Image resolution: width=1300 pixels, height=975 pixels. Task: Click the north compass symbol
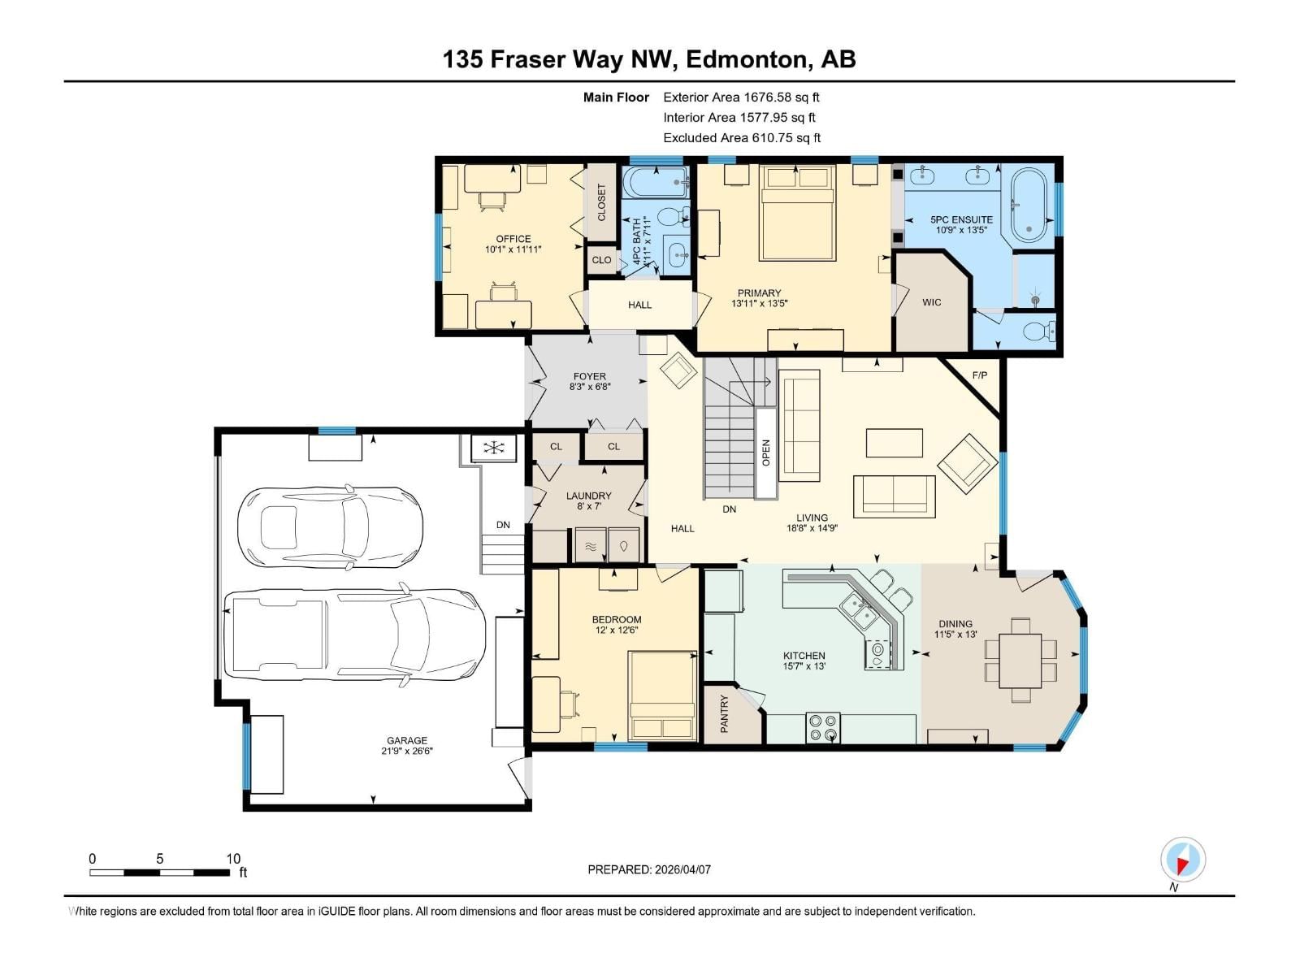coord(1183,860)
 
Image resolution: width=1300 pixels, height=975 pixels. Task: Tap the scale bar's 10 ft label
coord(233,859)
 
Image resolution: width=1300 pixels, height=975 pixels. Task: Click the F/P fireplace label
coord(980,375)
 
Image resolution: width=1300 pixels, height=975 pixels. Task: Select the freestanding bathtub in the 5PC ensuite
coord(1029,206)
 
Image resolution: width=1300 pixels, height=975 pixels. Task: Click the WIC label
coord(931,302)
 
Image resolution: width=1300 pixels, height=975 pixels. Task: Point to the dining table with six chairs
coord(1020,661)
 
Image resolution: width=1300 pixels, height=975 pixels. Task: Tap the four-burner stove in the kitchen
coord(823,727)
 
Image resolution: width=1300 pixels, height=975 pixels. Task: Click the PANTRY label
coord(724,713)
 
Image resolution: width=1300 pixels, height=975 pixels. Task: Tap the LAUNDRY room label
coord(588,496)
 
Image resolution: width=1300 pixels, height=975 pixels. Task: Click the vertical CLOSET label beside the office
coord(601,202)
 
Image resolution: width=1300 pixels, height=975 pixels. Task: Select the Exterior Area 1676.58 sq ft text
coord(741,97)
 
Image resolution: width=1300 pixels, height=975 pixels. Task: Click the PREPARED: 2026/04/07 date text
coord(649,869)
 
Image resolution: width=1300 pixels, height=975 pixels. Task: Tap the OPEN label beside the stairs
coord(765,453)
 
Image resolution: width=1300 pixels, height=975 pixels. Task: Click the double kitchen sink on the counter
coord(857,610)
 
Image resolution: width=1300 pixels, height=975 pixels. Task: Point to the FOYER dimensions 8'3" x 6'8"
coord(589,388)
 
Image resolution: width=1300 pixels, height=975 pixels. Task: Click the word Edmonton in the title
coord(747,59)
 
